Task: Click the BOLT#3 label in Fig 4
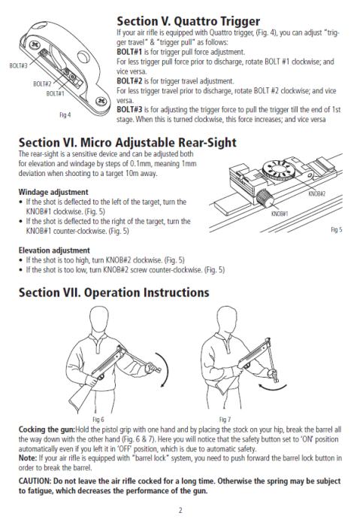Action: (19, 65)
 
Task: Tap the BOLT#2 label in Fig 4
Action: (42, 83)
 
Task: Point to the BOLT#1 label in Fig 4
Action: (55, 93)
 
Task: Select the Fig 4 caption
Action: (65, 115)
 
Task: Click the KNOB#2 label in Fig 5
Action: (316, 193)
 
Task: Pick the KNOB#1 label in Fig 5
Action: (280, 214)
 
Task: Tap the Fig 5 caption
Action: (337, 229)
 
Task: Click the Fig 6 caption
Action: (98, 420)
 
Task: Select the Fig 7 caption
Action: (225, 420)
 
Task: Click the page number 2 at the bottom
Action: (180, 510)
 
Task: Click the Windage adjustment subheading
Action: (53, 192)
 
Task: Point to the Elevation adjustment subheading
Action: (54, 250)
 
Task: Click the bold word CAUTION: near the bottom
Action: (35, 481)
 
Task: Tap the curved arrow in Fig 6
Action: (168, 369)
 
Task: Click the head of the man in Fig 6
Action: (99, 319)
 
